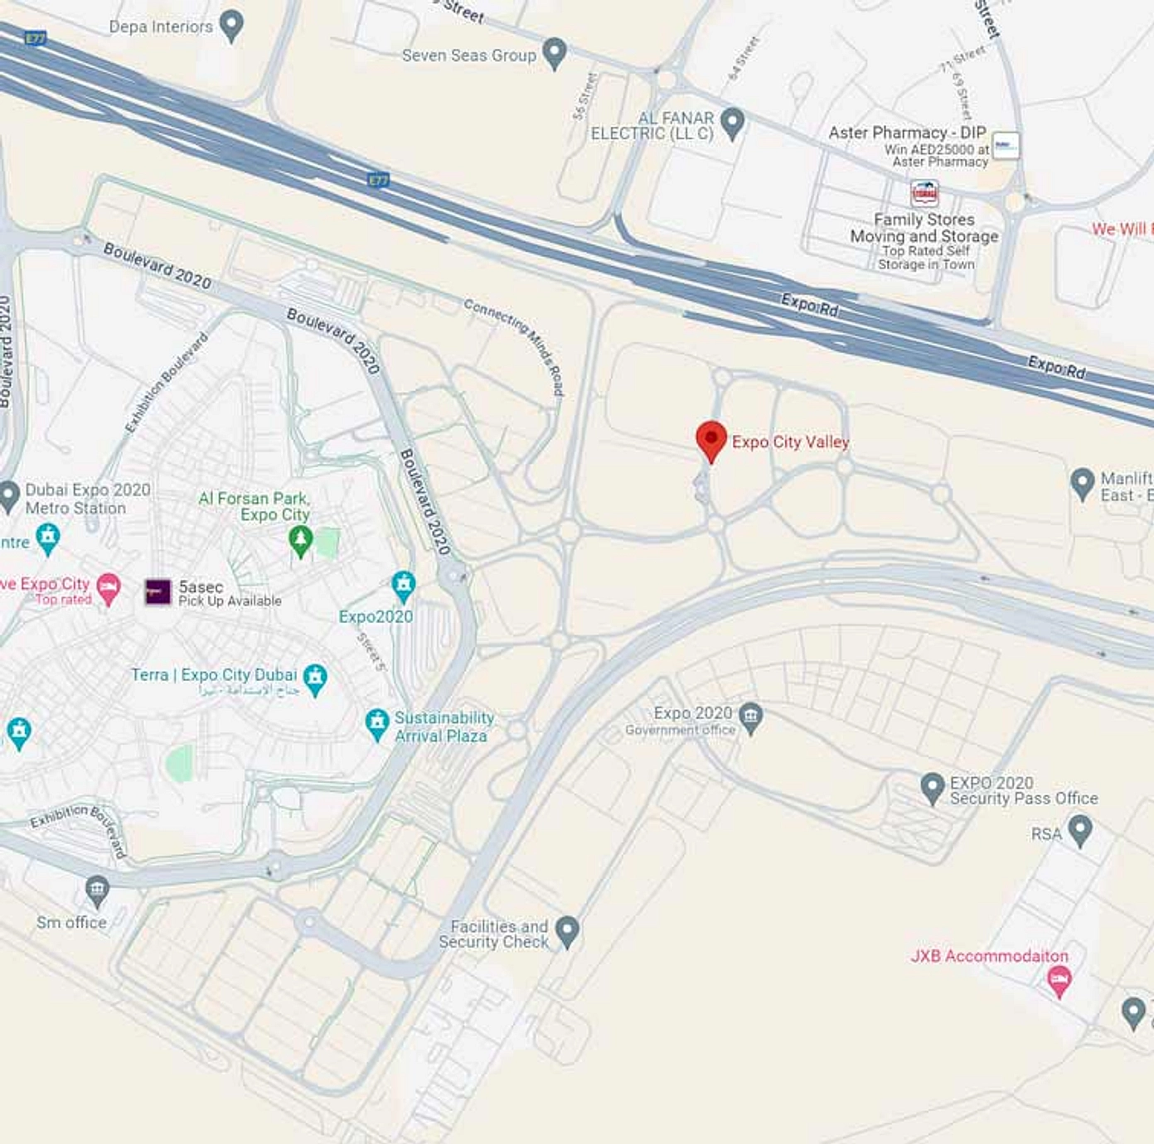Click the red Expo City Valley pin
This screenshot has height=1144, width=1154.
(x=710, y=440)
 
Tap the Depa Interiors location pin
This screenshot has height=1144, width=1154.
(x=231, y=26)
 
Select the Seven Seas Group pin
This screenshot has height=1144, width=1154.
(x=554, y=54)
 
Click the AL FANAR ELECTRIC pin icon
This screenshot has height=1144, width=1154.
(x=731, y=123)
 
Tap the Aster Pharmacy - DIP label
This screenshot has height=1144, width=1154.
(x=907, y=133)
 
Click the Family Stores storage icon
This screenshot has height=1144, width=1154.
(x=924, y=193)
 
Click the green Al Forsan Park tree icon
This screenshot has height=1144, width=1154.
(x=300, y=542)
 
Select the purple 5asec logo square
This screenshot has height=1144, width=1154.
(x=158, y=591)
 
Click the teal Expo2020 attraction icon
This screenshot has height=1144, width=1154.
(x=404, y=586)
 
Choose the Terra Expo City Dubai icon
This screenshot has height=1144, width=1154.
(x=315, y=678)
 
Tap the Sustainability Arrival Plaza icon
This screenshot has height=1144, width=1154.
(x=377, y=724)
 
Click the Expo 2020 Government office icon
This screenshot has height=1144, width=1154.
(x=750, y=717)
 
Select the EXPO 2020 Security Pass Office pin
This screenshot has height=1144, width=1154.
(x=933, y=788)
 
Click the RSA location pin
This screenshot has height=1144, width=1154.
(x=1079, y=830)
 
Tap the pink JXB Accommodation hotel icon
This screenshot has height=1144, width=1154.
(x=1059, y=982)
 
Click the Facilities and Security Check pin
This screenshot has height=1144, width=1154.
(x=567, y=930)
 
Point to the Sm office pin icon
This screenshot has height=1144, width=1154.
(x=97, y=891)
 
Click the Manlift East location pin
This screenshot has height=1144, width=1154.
(x=1082, y=483)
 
